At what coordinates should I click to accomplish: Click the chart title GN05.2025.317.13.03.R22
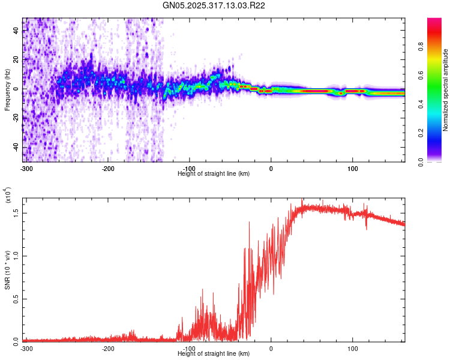pyautogui.click(x=214, y=5)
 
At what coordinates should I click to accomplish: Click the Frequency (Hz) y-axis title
pyautogui.click(x=7, y=90)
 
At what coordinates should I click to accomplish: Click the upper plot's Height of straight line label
pyautogui.click(x=214, y=173)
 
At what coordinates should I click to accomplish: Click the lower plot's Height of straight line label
pyautogui.click(x=214, y=353)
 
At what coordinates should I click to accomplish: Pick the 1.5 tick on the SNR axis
pyautogui.click(x=16, y=212)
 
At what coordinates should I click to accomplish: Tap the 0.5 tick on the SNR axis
pyautogui.click(x=16, y=298)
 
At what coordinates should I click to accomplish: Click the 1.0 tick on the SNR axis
pyautogui.click(x=16, y=255)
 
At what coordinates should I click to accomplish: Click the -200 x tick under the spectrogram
pyautogui.click(x=108, y=167)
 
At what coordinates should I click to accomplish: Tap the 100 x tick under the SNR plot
pyautogui.click(x=353, y=347)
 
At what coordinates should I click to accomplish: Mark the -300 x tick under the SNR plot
pyautogui.click(x=26, y=347)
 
